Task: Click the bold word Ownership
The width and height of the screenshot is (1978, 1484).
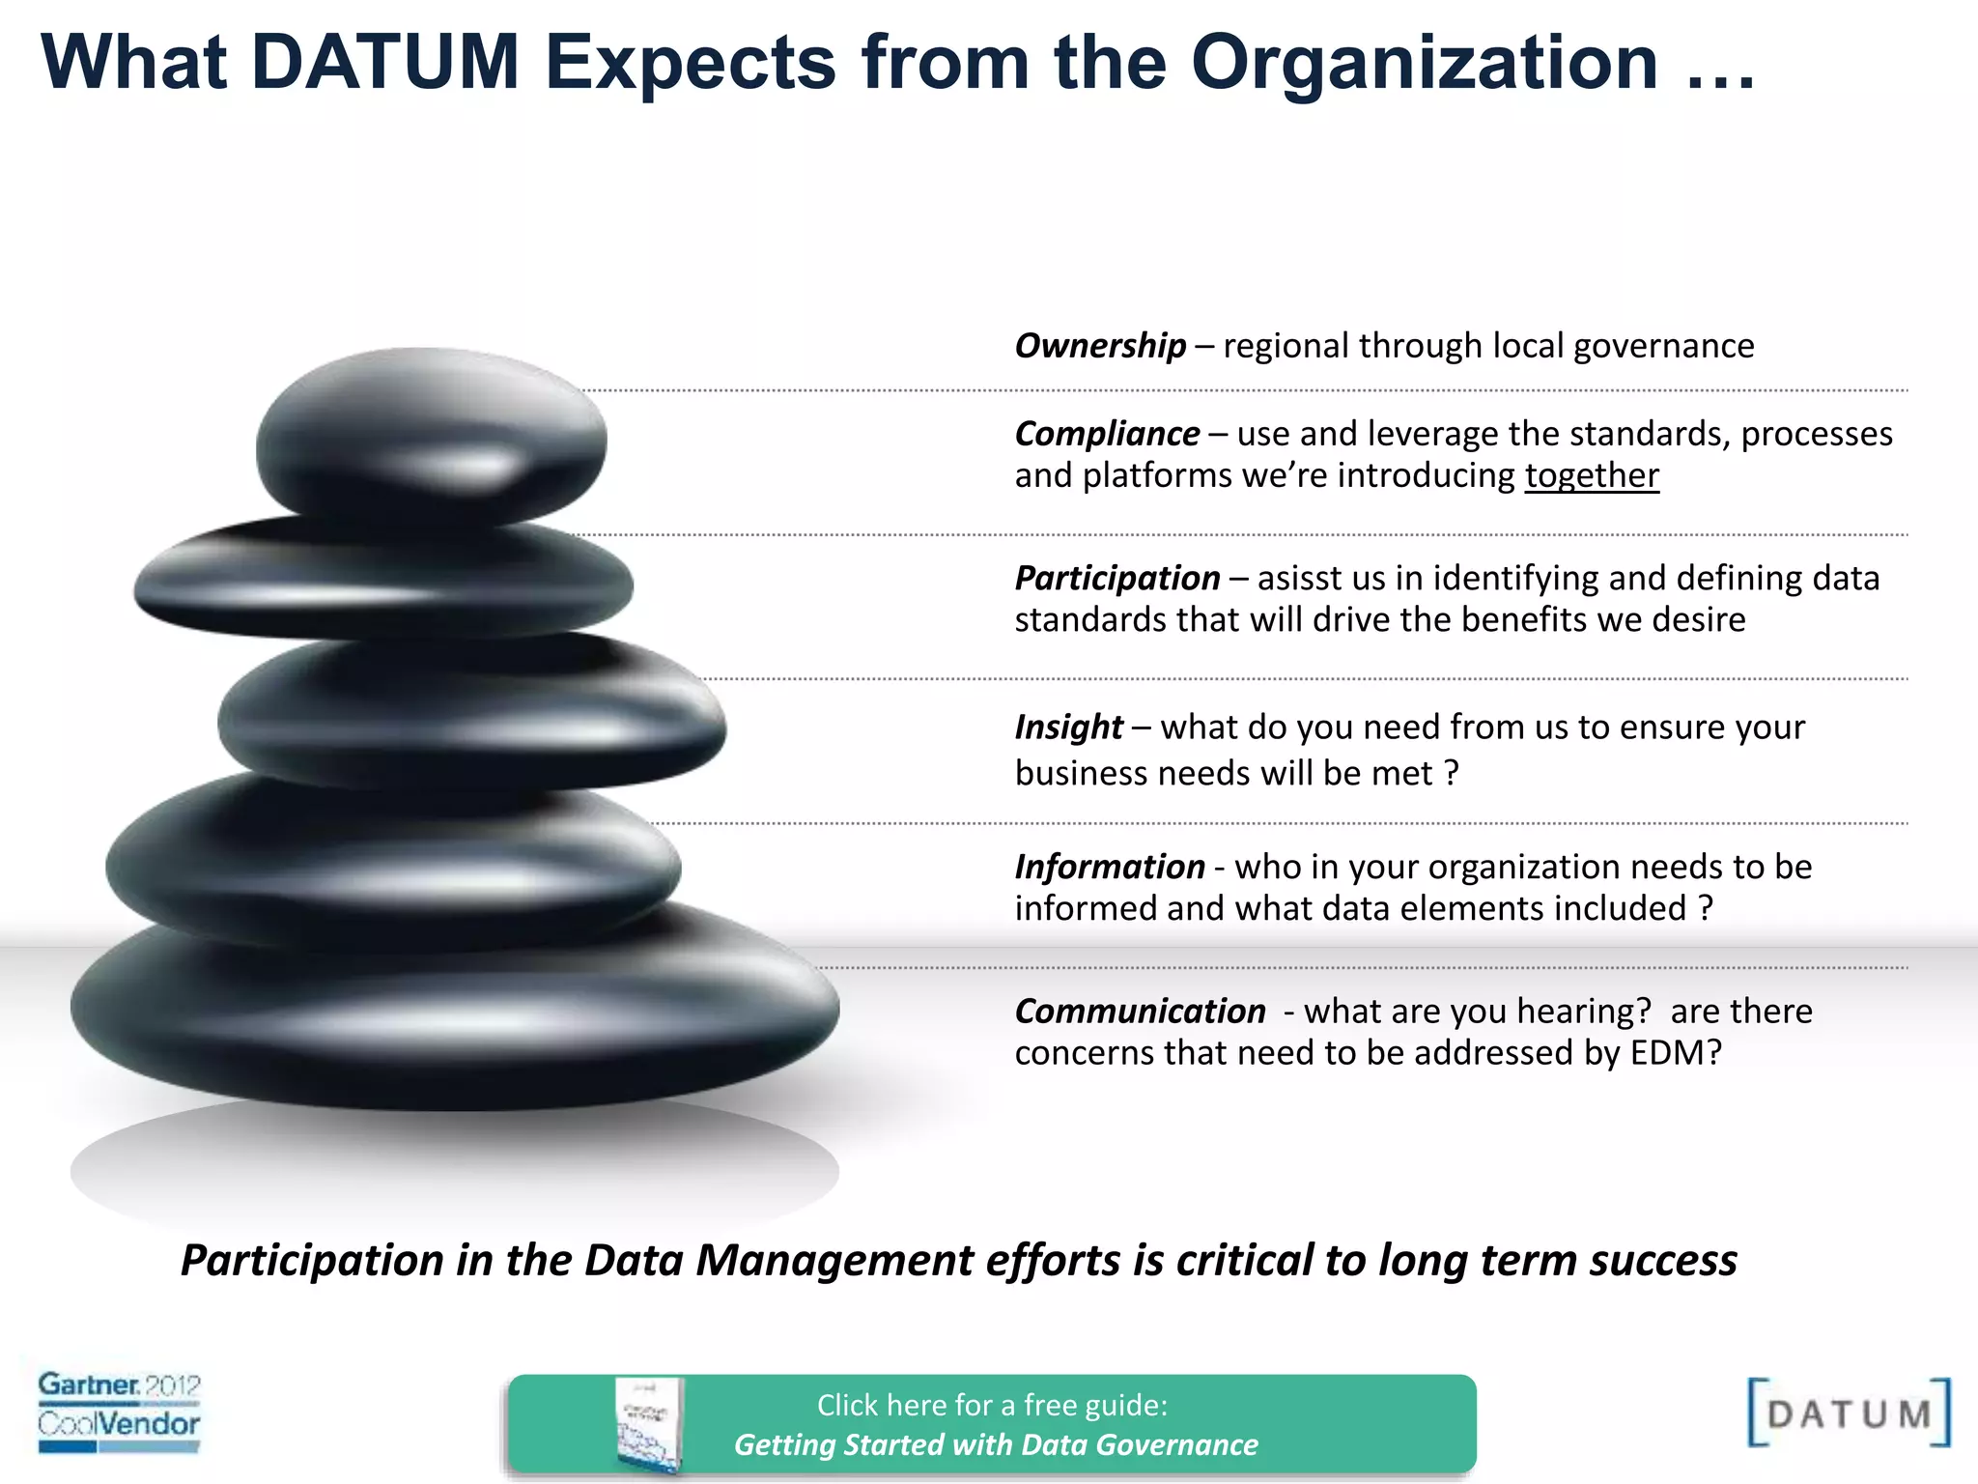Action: [1099, 346]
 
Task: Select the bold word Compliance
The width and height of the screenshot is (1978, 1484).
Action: [1107, 434]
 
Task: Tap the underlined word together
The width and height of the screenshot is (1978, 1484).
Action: [1592, 475]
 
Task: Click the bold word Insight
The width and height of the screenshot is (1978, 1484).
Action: [1068, 727]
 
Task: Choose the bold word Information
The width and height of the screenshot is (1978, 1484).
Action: [1109, 867]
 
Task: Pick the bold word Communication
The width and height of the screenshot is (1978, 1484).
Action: [1140, 1011]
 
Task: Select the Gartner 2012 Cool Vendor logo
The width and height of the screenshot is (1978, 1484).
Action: [119, 1411]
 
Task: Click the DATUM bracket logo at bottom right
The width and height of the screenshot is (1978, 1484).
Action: [1848, 1413]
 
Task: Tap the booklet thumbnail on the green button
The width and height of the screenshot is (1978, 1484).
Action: [648, 1424]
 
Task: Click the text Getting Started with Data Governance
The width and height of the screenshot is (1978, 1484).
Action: [996, 1444]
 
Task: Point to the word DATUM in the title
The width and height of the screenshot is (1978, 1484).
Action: [385, 63]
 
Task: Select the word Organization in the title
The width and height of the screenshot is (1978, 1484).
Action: [1424, 63]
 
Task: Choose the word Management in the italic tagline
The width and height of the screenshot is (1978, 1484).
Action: [835, 1260]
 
